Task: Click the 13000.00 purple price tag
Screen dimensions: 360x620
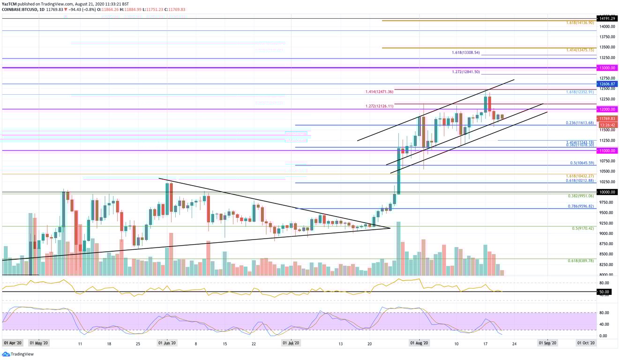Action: coord(607,68)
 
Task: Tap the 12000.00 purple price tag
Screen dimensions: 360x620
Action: coord(607,109)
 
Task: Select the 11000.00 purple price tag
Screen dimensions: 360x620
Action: coord(607,150)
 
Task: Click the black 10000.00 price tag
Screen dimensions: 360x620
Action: coord(607,192)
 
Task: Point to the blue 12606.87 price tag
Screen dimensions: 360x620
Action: coord(607,84)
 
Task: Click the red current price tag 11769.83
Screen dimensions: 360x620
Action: coord(607,119)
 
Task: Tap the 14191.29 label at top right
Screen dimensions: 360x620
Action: coord(607,18)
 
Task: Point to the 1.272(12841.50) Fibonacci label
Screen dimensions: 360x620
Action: coord(466,72)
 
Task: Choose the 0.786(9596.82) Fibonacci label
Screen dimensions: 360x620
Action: coord(581,206)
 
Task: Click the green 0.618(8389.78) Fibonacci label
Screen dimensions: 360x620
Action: coord(582,261)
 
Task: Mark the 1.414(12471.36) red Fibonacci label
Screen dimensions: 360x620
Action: coord(380,92)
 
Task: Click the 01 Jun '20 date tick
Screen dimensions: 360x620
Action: coord(167,343)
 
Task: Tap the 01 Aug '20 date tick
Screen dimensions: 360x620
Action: coord(418,343)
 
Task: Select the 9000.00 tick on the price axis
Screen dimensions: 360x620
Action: coord(606,233)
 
